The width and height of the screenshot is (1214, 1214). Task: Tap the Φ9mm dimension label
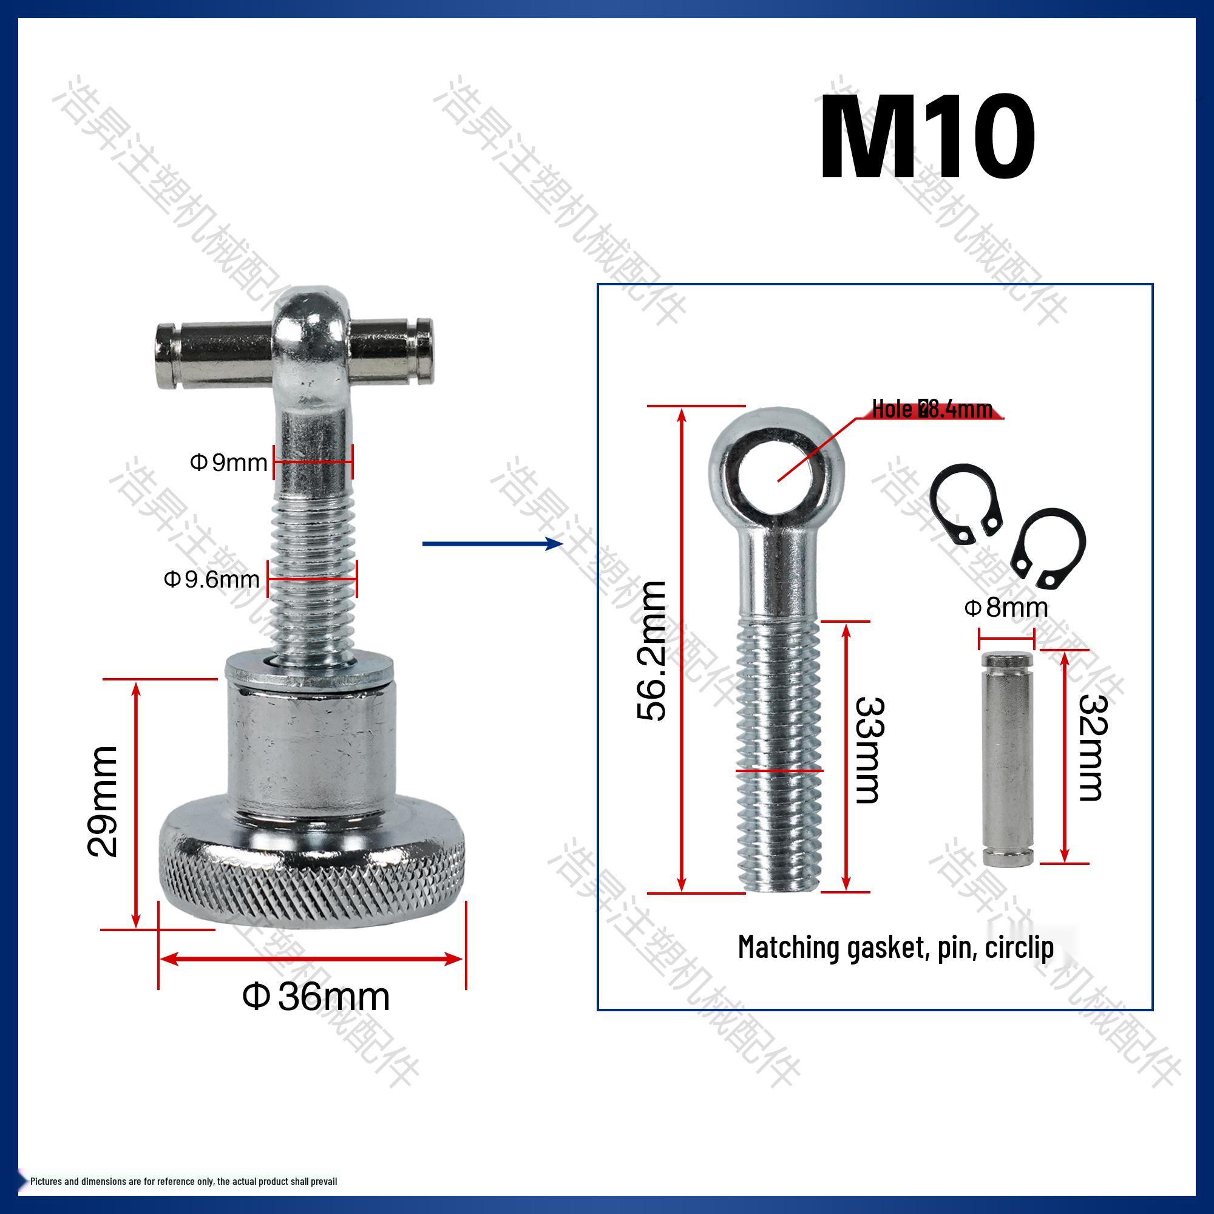click(229, 463)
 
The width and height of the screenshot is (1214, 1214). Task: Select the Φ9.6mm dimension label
click(212, 578)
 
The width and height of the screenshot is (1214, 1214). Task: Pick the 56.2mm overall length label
click(651, 651)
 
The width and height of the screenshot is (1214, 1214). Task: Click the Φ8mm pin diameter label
click(1006, 608)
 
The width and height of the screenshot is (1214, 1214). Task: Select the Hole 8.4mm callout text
click(932, 410)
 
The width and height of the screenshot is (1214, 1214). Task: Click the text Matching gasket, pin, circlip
click(895, 947)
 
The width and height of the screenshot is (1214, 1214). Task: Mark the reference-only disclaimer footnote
click(183, 1181)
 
